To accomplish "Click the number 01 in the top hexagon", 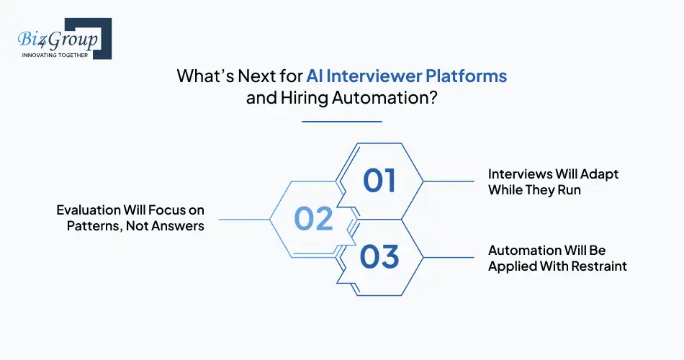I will pyautogui.click(x=379, y=181).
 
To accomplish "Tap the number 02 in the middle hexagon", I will pyautogui.click(x=314, y=219).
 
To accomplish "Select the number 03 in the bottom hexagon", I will pyautogui.click(x=379, y=257).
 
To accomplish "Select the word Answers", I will pyautogui.click(x=178, y=226).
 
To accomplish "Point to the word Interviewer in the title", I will pyautogui.click(x=372, y=76).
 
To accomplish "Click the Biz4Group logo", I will pyautogui.click(x=59, y=37).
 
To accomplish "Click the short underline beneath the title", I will pyautogui.click(x=341, y=121).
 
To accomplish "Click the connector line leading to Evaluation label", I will pyautogui.click(x=243, y=219).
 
